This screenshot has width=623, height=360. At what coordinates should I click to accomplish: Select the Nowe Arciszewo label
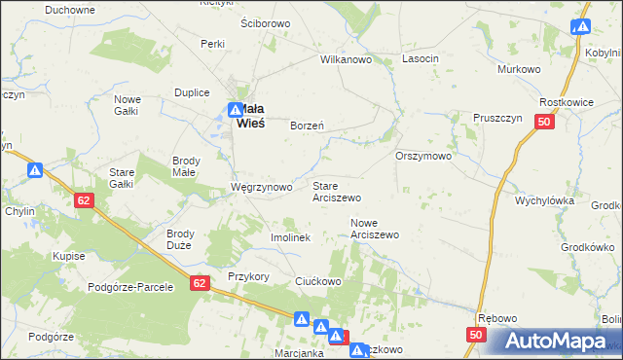[375, 229]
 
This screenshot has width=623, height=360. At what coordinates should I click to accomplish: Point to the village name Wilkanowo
[348, 59]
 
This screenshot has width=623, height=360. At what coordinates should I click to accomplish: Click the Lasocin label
[421, 59]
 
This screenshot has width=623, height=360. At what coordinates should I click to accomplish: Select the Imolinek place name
[289, 237]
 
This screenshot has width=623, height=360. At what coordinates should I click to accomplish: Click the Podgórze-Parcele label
[129, 287]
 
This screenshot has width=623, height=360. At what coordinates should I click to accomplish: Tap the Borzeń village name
[308, 126]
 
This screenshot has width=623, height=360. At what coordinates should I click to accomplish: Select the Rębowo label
[495, 319]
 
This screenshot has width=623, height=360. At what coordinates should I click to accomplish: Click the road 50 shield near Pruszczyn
[544, 121]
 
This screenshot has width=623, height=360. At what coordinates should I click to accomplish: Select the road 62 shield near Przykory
[200, 283]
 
